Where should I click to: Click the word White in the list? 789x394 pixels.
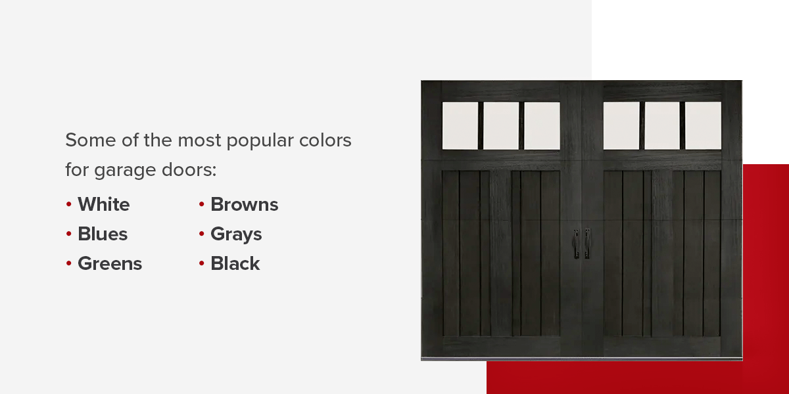pos(104,205)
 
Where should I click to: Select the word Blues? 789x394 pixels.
pos(103,234)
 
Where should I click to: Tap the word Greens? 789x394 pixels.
pos(110,264)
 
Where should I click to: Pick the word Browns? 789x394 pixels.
pos(245,205)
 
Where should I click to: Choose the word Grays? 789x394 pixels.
pos(236,234)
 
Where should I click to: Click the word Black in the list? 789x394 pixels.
pos(235,264)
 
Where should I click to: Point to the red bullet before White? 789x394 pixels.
pos(69,205)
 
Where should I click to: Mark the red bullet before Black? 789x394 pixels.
pos(202,264)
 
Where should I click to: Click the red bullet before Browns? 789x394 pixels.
pos(202,205)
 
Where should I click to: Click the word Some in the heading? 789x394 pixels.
pos(89,141)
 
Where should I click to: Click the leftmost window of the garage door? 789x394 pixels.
pos(460,125)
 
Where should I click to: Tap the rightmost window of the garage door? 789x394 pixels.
pos(703,125)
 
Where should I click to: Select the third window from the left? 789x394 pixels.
pos(542,125)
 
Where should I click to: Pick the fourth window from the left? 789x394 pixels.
pos(621,125)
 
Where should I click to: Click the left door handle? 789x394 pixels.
pos(576,243)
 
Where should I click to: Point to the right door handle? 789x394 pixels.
pos(587,243)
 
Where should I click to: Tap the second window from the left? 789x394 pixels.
pos(501,125)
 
